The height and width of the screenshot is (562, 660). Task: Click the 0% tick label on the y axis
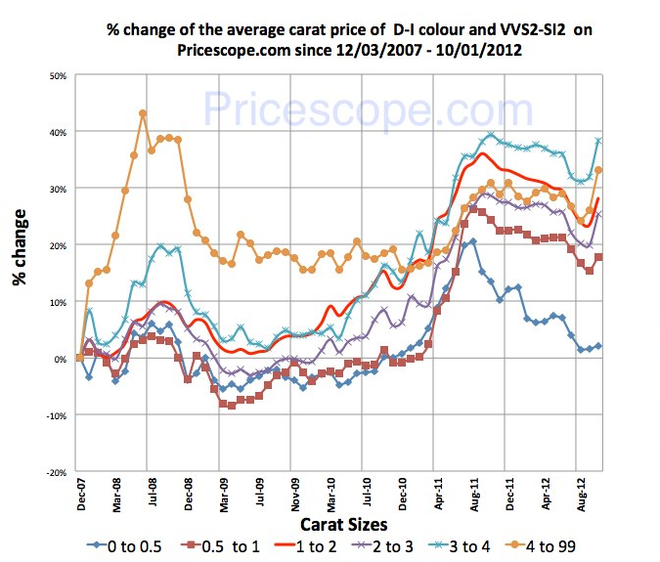click(x=59, y=359)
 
